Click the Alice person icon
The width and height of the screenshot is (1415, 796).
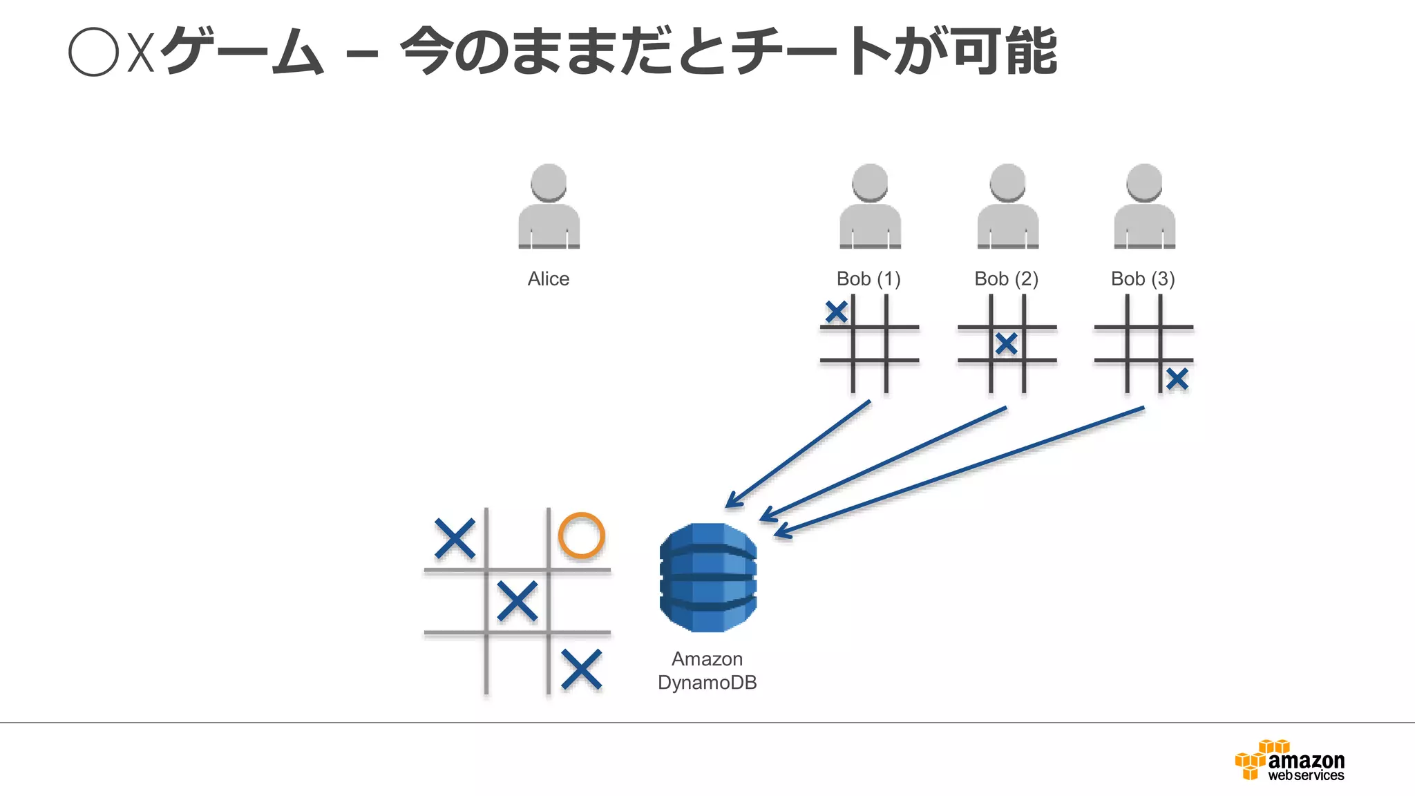coord(549,207)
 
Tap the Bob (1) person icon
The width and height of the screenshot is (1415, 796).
coord(870,207)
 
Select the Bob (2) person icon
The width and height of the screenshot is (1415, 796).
coord(1007,207)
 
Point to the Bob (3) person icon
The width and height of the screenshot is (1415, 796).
coord(1144,207)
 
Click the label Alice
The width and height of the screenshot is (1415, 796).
coord(549,279)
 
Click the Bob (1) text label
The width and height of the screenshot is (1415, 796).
coord(868,279)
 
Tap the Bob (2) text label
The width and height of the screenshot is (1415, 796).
coord(1006,279)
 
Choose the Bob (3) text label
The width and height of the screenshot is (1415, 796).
coord(1143,279)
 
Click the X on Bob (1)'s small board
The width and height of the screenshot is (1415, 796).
coord(836,312)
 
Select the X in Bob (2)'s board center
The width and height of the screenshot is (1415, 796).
coord(1007,343)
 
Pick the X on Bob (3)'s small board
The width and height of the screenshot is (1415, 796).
coord(1177,379)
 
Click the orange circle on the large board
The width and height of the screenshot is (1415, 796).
coord(581,535)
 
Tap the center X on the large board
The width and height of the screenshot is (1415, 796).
coord(517,600)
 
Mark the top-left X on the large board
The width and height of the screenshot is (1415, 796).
coord(455,538)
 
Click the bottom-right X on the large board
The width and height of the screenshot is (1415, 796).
coord(581,670)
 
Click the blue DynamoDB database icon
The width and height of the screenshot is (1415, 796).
coord(707,578)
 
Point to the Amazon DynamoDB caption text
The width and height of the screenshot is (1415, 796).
coord(707,671)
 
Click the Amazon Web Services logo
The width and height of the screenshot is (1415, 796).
coord(1289,761)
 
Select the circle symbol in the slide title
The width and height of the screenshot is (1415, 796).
coord(94,52)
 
